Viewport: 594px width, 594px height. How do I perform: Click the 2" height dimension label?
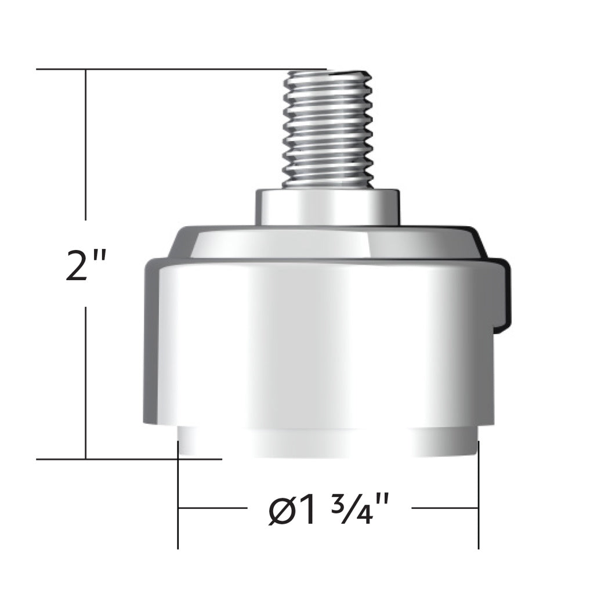(x=86, y=265)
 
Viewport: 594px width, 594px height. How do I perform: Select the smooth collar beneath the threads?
(x=328, y=207)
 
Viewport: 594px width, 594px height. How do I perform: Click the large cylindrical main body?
(x=319, y=342)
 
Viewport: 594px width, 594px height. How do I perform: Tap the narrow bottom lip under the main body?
(x=328, y=444)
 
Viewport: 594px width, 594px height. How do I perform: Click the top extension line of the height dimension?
(x=174, y=70)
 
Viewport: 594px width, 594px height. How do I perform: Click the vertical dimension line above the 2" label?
(x=86, y=145)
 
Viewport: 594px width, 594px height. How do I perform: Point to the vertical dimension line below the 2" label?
(x=86, y=383)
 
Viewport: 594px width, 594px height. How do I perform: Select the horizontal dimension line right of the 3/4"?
(x=444, y=508)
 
